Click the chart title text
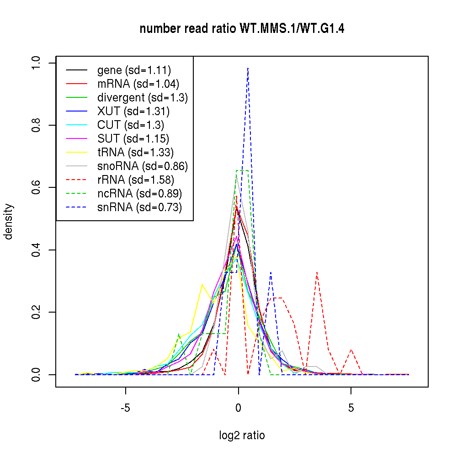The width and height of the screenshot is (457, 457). (x=242, y=29)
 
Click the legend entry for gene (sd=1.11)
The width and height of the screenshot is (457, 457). (x=134, y=70)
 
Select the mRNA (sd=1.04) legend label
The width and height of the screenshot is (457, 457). (x=138, y=84)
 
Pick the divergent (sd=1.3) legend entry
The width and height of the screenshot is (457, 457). (x=143, y=98)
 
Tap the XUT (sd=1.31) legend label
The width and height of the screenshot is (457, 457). (x=133, y=112)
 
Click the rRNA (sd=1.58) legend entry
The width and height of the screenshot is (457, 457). (x=136, y=180)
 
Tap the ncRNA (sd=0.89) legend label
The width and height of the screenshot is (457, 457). (x=140, y=194)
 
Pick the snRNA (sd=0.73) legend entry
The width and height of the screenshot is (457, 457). (x=139, y=207)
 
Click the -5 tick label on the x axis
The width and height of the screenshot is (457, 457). (x=126, y=408)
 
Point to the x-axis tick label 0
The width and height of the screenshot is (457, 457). (x=238, y=408)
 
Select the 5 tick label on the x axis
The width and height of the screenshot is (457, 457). (x=351, y=408)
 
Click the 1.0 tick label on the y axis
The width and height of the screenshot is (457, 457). (x=36, y=63)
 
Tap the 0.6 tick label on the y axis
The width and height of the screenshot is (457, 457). (x=36, y=187)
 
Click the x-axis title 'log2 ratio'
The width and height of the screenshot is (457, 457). (x=242, y=436)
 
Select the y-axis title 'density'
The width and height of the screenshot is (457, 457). (x=9, y=221)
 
